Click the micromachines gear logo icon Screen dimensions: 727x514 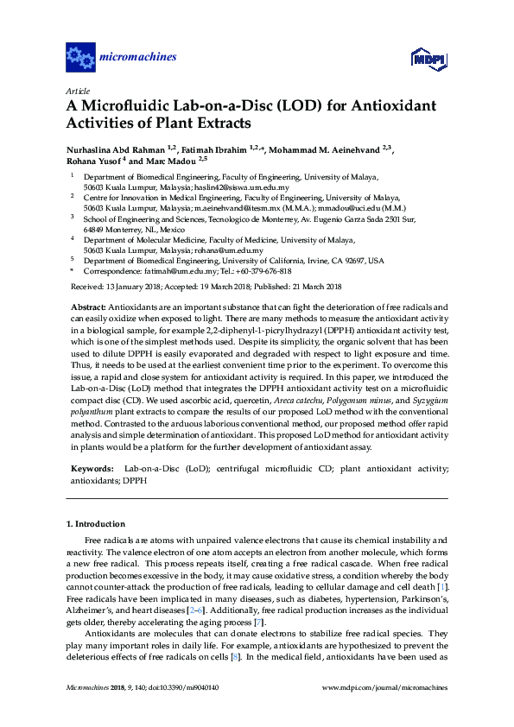[x=80, y=58]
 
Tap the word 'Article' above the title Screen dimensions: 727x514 [x=77, y=90]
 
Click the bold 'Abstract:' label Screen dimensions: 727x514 [x=87, y=307]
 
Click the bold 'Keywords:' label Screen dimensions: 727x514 [x=91, y=468]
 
